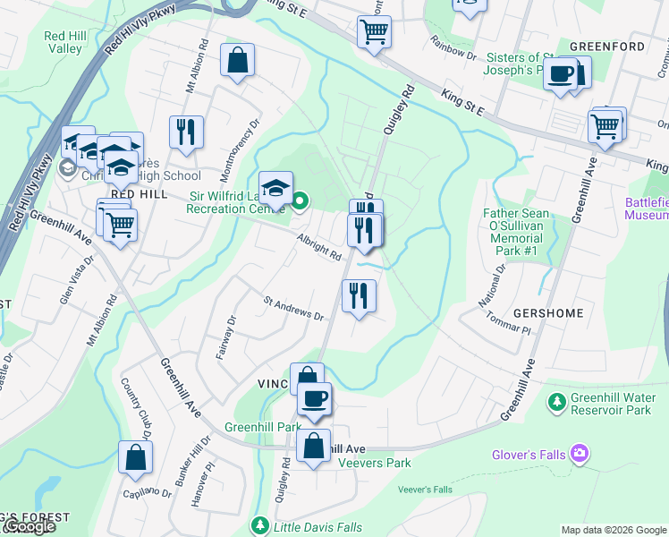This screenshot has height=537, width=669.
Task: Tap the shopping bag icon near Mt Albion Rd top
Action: pos(238,61)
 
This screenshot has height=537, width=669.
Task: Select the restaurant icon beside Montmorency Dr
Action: pos(186,132)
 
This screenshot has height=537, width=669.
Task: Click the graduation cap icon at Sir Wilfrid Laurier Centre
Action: pos(276,188)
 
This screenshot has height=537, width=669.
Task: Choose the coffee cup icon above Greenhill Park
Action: pos(314,398)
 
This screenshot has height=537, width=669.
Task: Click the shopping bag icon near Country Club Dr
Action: pos(135,457)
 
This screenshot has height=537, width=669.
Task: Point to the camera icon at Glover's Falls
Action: pos(580,455)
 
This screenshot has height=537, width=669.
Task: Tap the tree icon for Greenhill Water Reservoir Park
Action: pos(557,403)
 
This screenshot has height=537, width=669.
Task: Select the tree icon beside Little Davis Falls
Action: pos(259,524)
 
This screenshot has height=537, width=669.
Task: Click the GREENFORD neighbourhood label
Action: pos(606,46)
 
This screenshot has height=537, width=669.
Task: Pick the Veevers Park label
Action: pos(374,463)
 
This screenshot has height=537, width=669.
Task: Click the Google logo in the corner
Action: pos(29,526)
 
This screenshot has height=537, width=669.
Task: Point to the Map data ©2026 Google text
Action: pos(614,530)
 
